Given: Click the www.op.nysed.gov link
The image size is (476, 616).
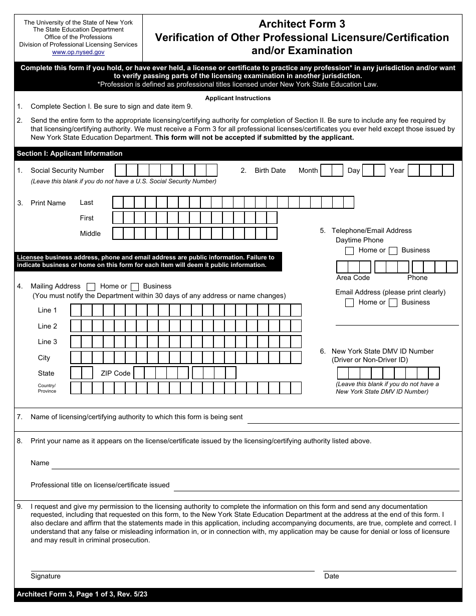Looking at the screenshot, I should click(78, 52).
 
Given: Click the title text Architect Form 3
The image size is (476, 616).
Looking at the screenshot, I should click(302, 24).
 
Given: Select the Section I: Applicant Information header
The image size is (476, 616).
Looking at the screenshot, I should click(70, 153).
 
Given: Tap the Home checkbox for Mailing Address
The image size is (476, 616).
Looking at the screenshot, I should click(91, 287).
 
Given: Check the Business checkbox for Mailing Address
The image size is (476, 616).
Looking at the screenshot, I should click(135, 287).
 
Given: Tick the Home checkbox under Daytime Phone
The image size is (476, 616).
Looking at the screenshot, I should click(350, 251).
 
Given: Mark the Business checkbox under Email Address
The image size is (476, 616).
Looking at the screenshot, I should click(393, 302).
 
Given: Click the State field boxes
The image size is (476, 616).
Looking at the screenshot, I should click(82, 373).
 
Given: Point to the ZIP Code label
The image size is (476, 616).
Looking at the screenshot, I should click(115, 373).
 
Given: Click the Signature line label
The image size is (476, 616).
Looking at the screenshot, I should click(46, 576).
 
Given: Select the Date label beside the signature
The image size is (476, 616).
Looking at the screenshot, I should click(332, 576).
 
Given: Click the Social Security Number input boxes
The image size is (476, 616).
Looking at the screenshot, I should click(166, 170).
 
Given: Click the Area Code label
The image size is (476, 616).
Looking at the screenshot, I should click(353, 277).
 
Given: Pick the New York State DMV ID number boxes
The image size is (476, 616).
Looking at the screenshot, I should click(388, 373).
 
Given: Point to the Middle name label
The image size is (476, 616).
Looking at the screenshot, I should click(90, 233).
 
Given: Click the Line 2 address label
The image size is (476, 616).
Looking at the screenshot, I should click(48, 326).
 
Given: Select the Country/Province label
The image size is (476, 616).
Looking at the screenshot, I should click(47, 388).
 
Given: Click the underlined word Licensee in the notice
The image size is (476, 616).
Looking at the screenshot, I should click(30, 257).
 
